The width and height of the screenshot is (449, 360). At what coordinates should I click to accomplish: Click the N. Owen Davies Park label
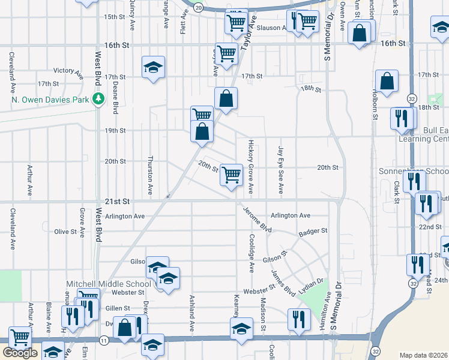pos(49,99)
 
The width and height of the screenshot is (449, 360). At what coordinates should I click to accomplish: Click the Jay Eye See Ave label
pos(280,169)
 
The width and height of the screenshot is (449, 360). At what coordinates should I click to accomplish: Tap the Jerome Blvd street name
pos(258,220)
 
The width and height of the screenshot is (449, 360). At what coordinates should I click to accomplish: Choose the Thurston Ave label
pos(150,175)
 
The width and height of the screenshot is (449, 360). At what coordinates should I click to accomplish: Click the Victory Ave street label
pos(68,73)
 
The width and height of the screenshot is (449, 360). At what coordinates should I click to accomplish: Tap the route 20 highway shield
pos(199,7)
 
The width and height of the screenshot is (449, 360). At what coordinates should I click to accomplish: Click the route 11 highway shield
pos(104,341)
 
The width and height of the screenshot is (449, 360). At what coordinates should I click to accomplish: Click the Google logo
pos(20,353)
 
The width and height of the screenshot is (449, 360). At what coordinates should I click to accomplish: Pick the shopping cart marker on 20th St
pos(231,175)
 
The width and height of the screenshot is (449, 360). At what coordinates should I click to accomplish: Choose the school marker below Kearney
pos(241,329)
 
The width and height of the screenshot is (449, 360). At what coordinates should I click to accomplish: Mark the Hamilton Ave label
pos(325,312)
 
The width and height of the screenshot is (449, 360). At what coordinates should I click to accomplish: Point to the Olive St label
pos(65,232)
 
